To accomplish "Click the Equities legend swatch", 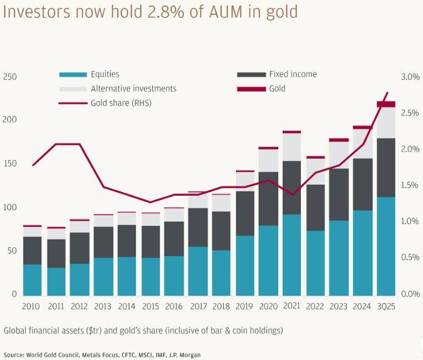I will coord(73,74).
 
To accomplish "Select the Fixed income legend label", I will coord(293,74).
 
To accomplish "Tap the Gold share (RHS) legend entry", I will coord(120,103).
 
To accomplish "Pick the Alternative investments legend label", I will coord(134,88).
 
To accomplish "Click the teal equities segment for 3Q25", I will coord(386,246).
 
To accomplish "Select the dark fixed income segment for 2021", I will coord(292,187).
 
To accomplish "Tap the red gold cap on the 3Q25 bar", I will coord(386,104).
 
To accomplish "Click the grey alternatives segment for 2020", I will coord(268,160).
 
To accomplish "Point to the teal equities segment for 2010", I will coord(32,280).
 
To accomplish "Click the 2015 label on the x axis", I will coord(150,305).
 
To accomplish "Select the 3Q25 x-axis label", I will coord(386,305).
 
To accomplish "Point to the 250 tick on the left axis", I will coord(10,77).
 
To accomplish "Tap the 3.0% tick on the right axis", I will coord(410,77).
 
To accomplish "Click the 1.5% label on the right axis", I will coord(410,185).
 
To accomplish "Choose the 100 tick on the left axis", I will coord(10,207).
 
